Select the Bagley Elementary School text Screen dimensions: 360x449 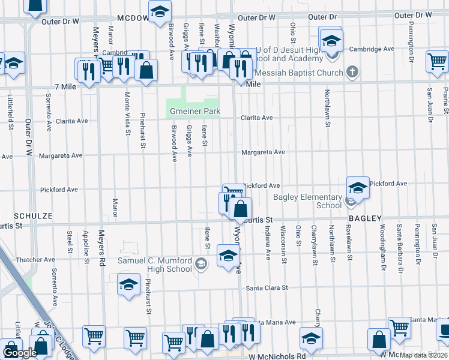click(x=307, y=201)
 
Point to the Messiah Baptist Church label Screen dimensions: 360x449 click(x=298, y=73)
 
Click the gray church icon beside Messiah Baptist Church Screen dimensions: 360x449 click(x=352, y=73)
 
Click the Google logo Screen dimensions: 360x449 click(x=19, y=353)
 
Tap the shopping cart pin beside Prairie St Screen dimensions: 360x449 click(x=437, y=61)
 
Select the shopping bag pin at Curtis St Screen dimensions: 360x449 click(x=240, y=208)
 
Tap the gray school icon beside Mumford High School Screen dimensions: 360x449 click(x=201, y=264)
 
